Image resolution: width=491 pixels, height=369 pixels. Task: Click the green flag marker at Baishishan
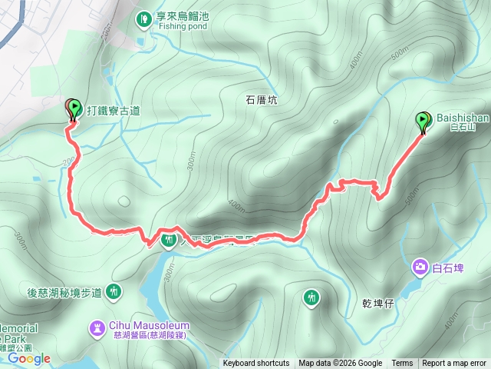423,121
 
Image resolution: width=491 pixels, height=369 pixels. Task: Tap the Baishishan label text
458,118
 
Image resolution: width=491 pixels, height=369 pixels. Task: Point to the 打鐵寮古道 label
114,111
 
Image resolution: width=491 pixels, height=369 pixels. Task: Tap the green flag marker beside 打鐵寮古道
74,108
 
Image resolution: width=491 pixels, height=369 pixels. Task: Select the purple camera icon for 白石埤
420,267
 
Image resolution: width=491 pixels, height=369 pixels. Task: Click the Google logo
29,358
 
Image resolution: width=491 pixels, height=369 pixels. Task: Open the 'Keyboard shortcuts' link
256,364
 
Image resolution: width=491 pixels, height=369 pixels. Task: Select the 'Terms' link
402,364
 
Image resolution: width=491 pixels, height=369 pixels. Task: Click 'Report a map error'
455,364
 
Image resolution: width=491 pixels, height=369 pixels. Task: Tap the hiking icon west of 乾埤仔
311,296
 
